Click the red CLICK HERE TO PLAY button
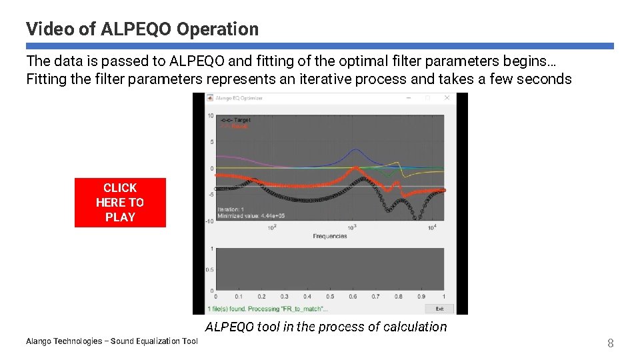[x=120, y=203]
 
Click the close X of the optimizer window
[x=447, y=97]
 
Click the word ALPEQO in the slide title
[x=137, y=29]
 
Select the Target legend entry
[x=235, y=119]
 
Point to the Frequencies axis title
[x=329, y=236]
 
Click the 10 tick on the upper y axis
[x=210, y=115]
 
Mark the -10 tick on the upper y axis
[x=209, y=221]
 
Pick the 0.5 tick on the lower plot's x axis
[x=330, y=296]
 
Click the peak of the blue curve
[x=357, y=149]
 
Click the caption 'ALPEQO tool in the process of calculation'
[x=326, y=327]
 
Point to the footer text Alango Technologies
[x=111, y=341]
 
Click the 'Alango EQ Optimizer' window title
[x=239, y=98]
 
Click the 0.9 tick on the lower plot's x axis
[x=421, y=296]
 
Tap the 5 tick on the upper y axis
[x=211, y=141]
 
